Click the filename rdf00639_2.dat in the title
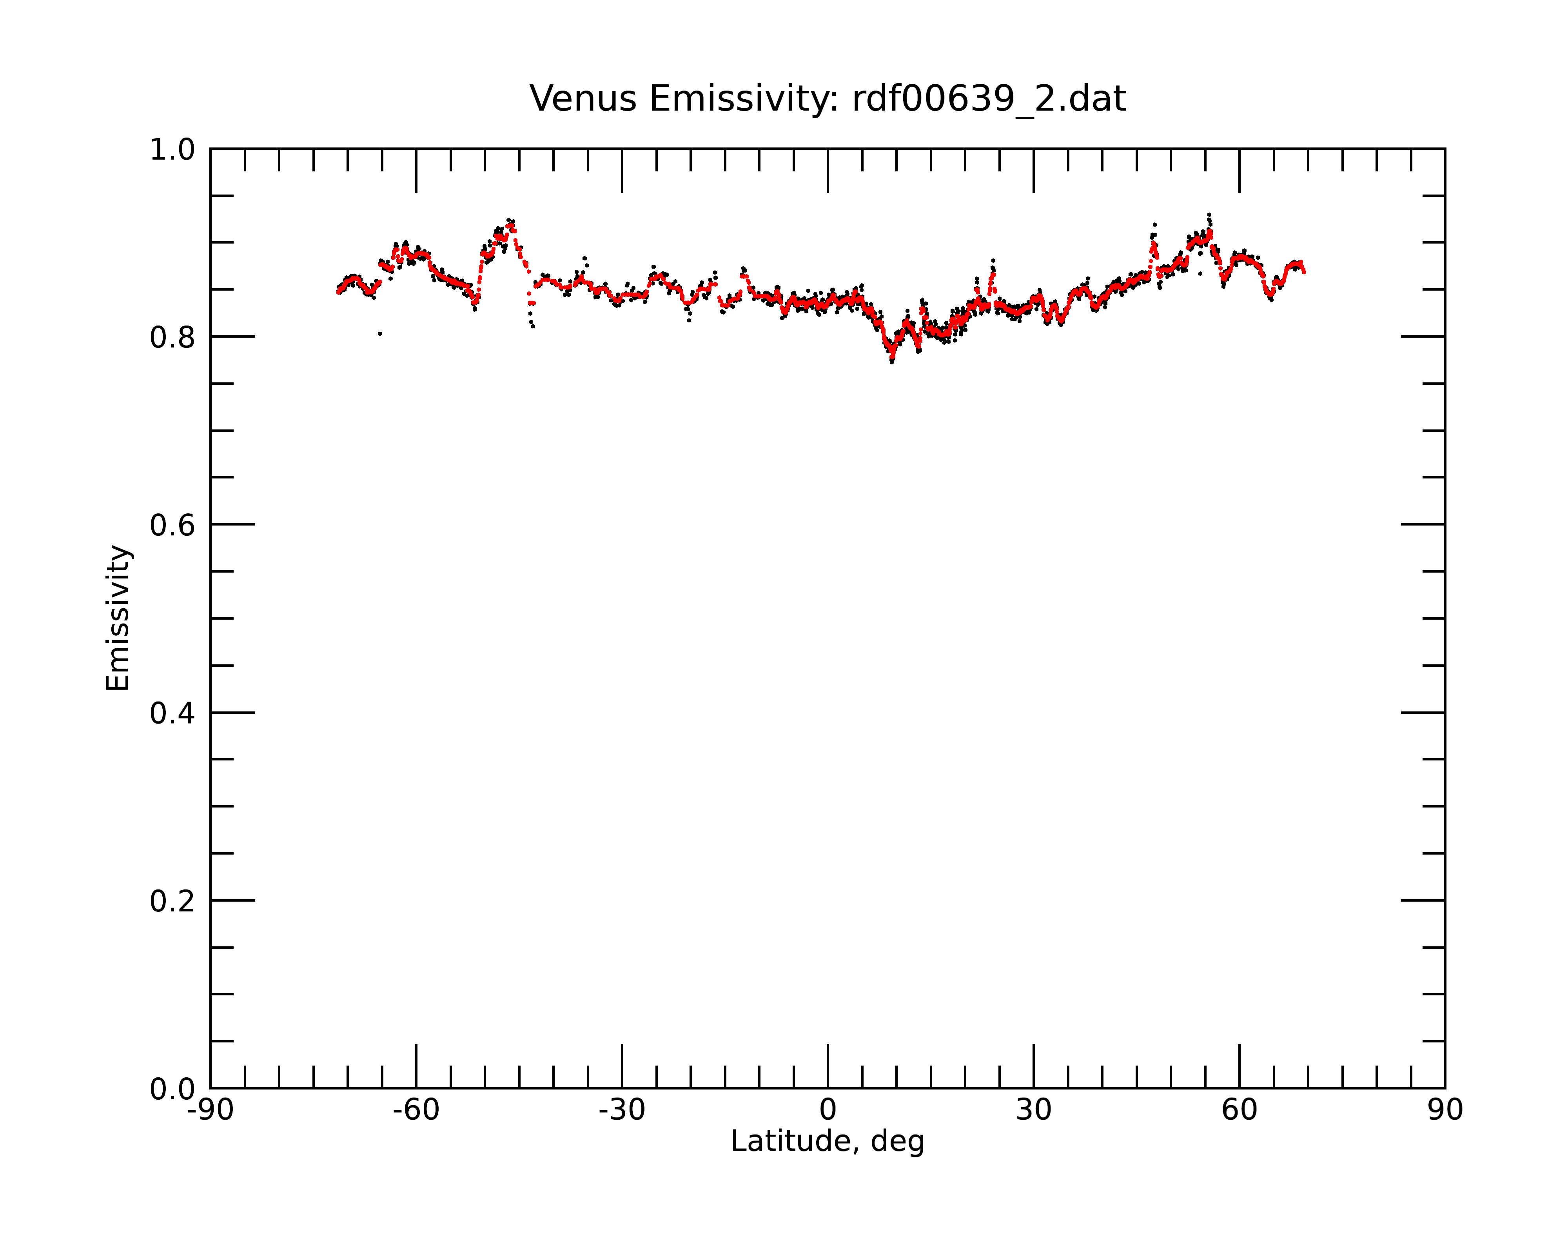coord(989,99)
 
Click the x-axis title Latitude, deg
coord(828,1142)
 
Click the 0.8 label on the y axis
coord(172,338)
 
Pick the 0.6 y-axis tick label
coord(172,525)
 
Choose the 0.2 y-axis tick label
coord(172,901)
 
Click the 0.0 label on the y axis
coord(172,1089)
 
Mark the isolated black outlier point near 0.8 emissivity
coord(379,334)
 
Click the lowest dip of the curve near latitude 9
coord(892,361)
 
